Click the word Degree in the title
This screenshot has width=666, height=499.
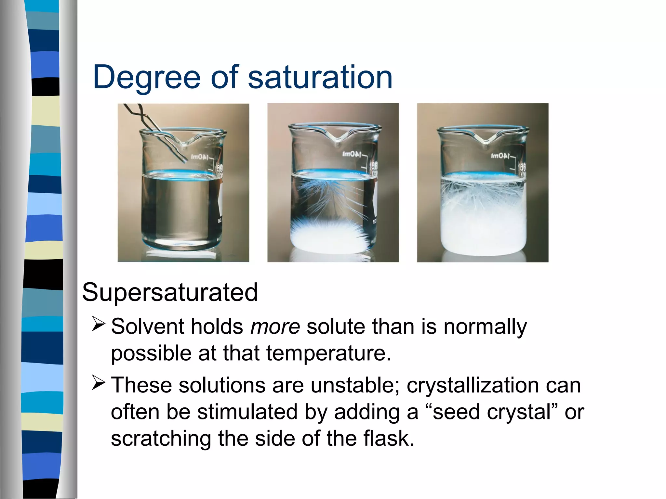pos(146,78)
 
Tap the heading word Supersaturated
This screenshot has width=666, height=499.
pos(170,292)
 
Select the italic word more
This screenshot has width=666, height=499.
pos(275,326)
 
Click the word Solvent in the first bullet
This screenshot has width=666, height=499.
pos(148,326)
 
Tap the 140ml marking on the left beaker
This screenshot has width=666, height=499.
pos(199,157)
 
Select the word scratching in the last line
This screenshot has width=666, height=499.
pos(161,439)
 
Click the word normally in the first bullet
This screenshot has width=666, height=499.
pos(485,327)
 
